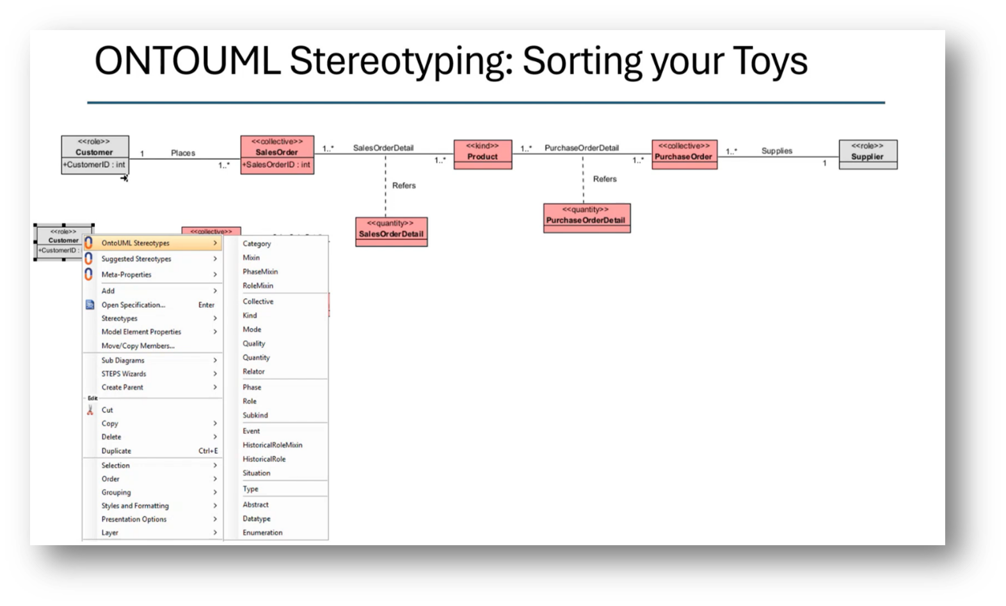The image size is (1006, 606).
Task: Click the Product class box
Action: coord(483,154)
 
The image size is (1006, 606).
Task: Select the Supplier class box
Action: coord(867,154)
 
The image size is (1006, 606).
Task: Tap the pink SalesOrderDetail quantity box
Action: coord(391,231)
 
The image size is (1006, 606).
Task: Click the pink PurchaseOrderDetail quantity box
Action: coord(586,218)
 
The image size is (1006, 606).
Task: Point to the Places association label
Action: coord(183,153)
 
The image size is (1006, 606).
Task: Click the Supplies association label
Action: coord(776,151)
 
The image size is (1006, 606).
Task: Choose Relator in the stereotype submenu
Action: coord(253,371)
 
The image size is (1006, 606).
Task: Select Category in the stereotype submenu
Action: coord(257,244)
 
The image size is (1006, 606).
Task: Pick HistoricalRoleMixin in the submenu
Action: coord(272,445)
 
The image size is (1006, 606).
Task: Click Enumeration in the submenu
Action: coord(262,532)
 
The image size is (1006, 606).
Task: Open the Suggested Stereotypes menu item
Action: coord(136,259)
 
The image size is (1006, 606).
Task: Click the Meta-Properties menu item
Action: coord(127,275)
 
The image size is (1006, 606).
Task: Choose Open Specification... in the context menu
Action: coord(133,305)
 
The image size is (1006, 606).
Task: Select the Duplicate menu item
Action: coord(116,451)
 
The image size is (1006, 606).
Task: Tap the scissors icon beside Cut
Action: coord(90,410)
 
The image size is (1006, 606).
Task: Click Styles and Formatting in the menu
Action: coord(135,506)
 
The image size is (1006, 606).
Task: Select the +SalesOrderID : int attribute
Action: coord(276,164)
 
